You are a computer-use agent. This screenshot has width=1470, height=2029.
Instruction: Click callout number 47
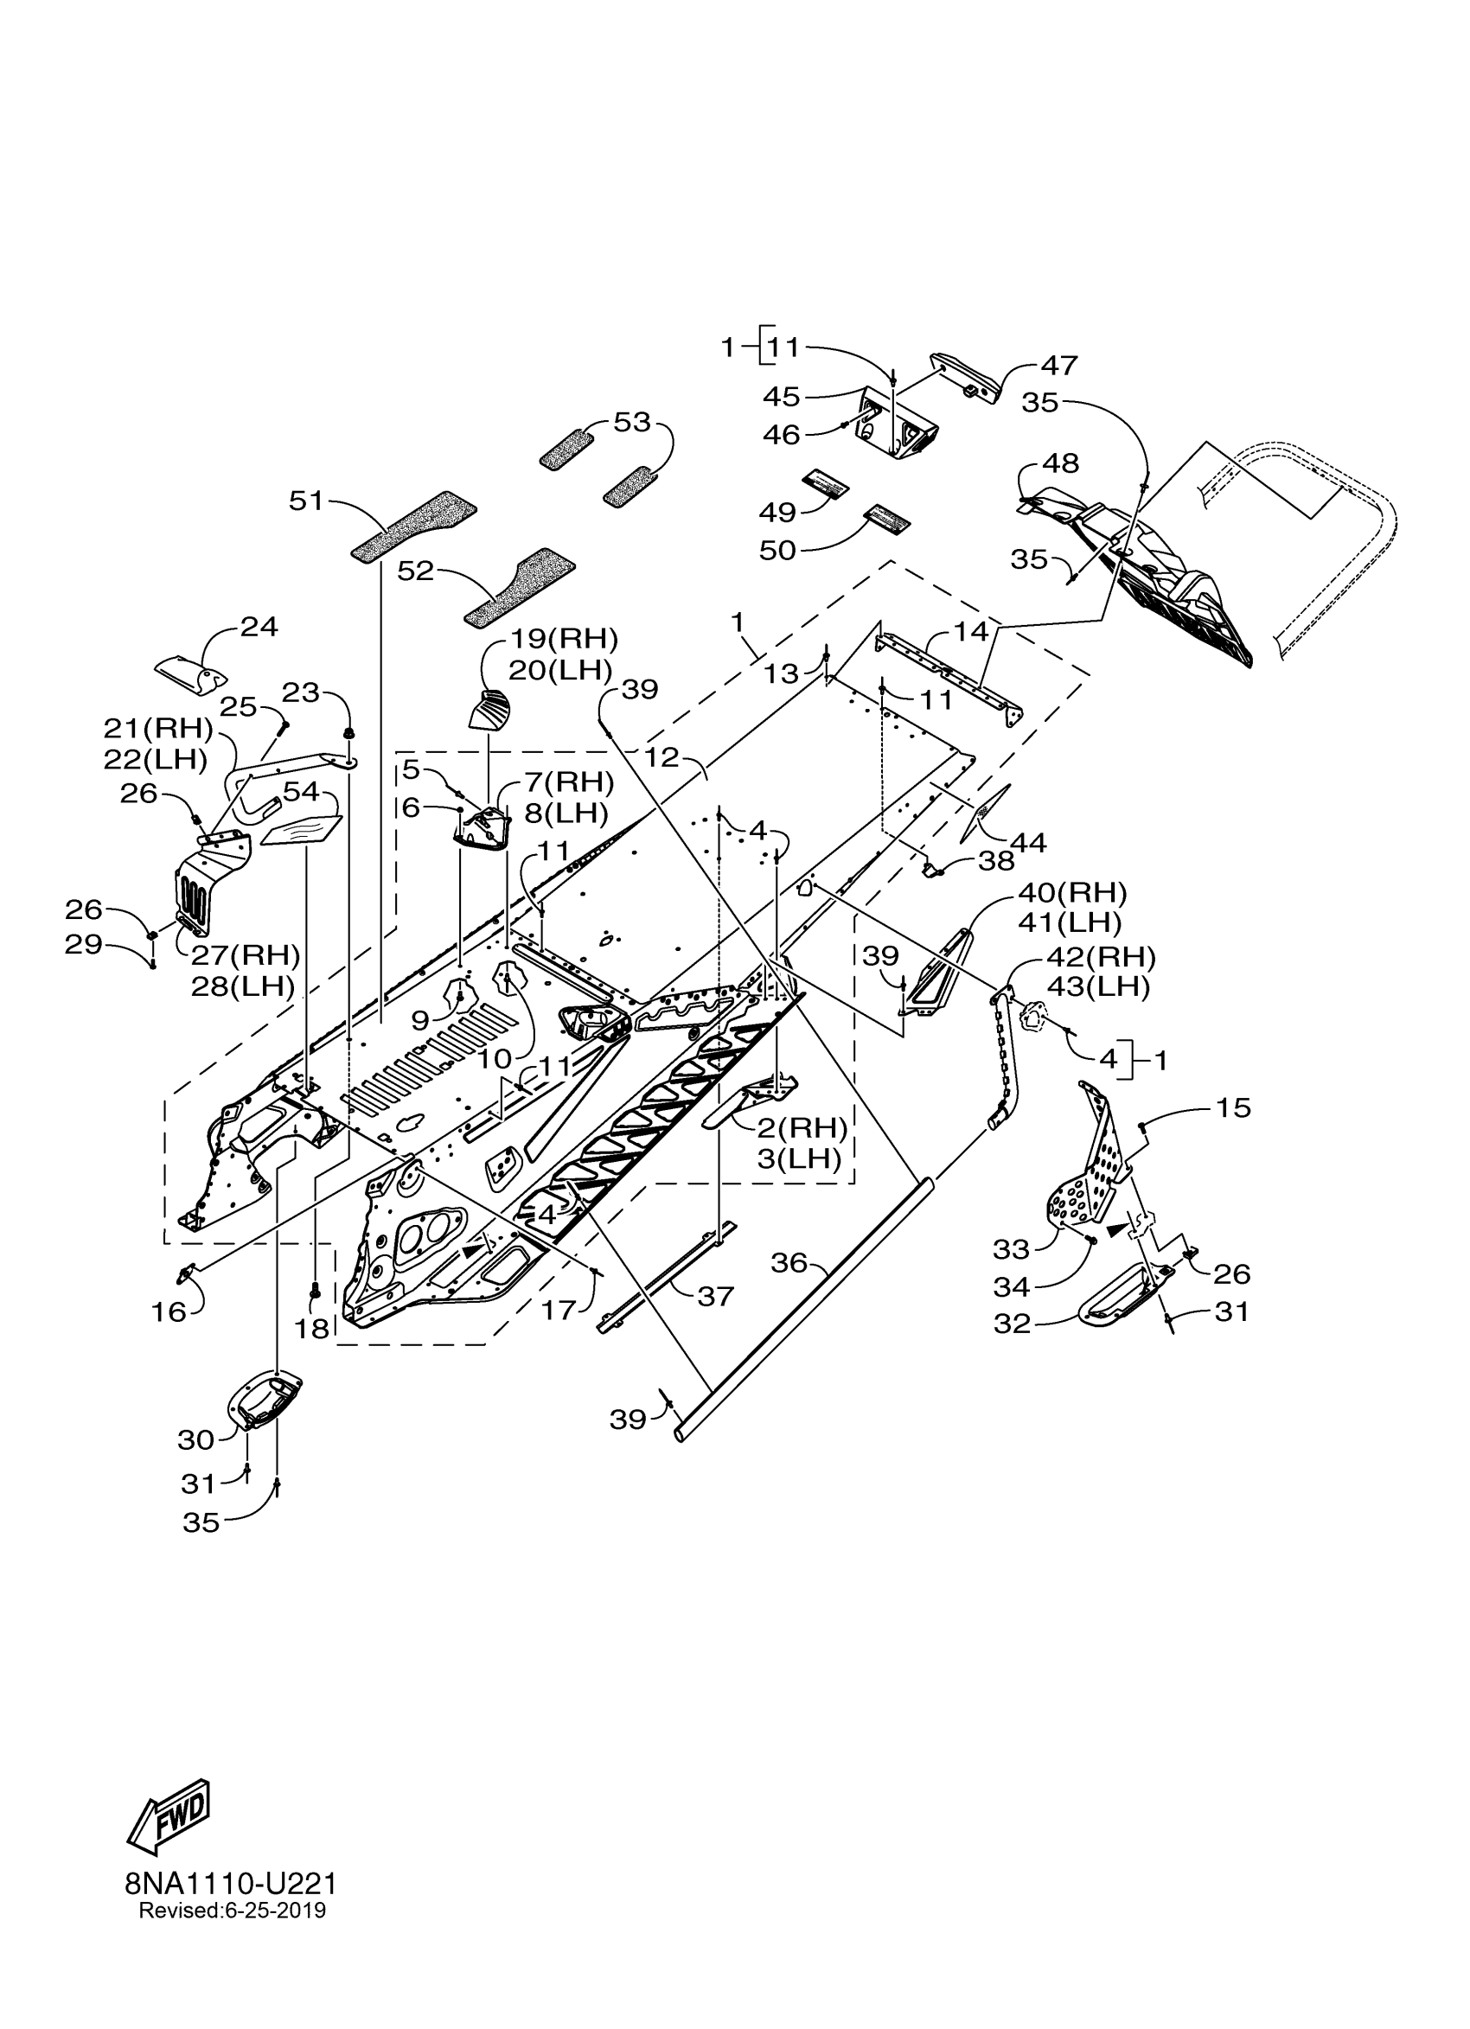pos(1058,366)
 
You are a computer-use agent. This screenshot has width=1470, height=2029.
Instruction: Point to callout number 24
pos(259,627)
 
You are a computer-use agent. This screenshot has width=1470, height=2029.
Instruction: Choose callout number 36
pos(789,1263)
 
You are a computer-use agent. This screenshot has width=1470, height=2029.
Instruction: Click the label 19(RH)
pos(564,639)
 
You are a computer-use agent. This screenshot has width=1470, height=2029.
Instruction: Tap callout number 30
pos(196,1439)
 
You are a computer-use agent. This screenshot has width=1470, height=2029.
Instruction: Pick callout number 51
pos(306,501)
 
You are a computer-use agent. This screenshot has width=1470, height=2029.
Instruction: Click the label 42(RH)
pos(1100,957)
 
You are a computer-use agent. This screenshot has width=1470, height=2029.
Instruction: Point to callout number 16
pos(169,1312)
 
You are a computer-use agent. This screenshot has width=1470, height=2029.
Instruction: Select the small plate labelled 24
pos(190,673)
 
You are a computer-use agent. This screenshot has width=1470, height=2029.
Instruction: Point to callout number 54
pos(302,792)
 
